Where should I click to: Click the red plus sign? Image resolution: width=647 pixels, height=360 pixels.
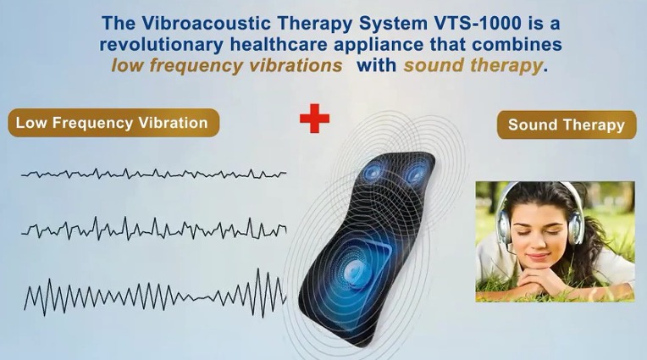tap(314, 118)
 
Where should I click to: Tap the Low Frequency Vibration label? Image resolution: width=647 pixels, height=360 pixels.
tap(113, 123)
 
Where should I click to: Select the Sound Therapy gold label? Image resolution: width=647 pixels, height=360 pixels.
tap(567, 125)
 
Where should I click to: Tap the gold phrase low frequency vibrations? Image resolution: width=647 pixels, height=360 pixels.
tap(226, 65)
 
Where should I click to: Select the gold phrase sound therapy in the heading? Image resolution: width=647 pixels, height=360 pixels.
tap(473, 65)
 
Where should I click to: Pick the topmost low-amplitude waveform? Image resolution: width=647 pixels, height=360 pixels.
tap(153, 174)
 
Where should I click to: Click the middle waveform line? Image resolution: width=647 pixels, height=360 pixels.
tap(153, 229)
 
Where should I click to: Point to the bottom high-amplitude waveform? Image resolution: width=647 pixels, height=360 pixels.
tap(155, 293)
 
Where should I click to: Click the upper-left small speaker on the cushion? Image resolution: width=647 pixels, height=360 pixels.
tap(373, 172)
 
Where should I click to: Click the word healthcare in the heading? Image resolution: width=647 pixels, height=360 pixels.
tap(279, 45)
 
